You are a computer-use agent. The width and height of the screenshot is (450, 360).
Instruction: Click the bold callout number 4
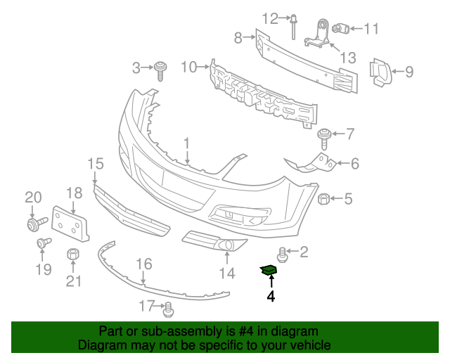[x=271, y=297]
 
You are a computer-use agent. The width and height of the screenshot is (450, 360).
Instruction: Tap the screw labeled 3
[x=162, y=69]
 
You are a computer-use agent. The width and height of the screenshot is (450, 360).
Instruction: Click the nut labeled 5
[x=325, y=199]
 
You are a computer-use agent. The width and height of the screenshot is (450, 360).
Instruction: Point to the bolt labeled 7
[x=326, y=134]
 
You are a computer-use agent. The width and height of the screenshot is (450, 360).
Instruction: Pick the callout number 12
[x=271, y=18]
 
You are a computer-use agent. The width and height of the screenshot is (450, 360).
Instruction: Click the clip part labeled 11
[x=343, y=29]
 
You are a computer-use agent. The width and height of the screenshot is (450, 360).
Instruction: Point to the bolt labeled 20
[x=32, y=224]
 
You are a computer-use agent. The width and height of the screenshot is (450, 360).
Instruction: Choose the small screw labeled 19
[x=42, y=243]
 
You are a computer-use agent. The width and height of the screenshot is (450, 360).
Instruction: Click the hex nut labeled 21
[x=72, y=255]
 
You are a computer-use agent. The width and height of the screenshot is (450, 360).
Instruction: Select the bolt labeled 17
[x=168, y=307]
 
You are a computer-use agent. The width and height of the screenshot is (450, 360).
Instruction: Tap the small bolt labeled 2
[x=283, y=251]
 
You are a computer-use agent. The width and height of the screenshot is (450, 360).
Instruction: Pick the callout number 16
[x=143, y=265]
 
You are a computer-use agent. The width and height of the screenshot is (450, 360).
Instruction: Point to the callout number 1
[x=187, y=144]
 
